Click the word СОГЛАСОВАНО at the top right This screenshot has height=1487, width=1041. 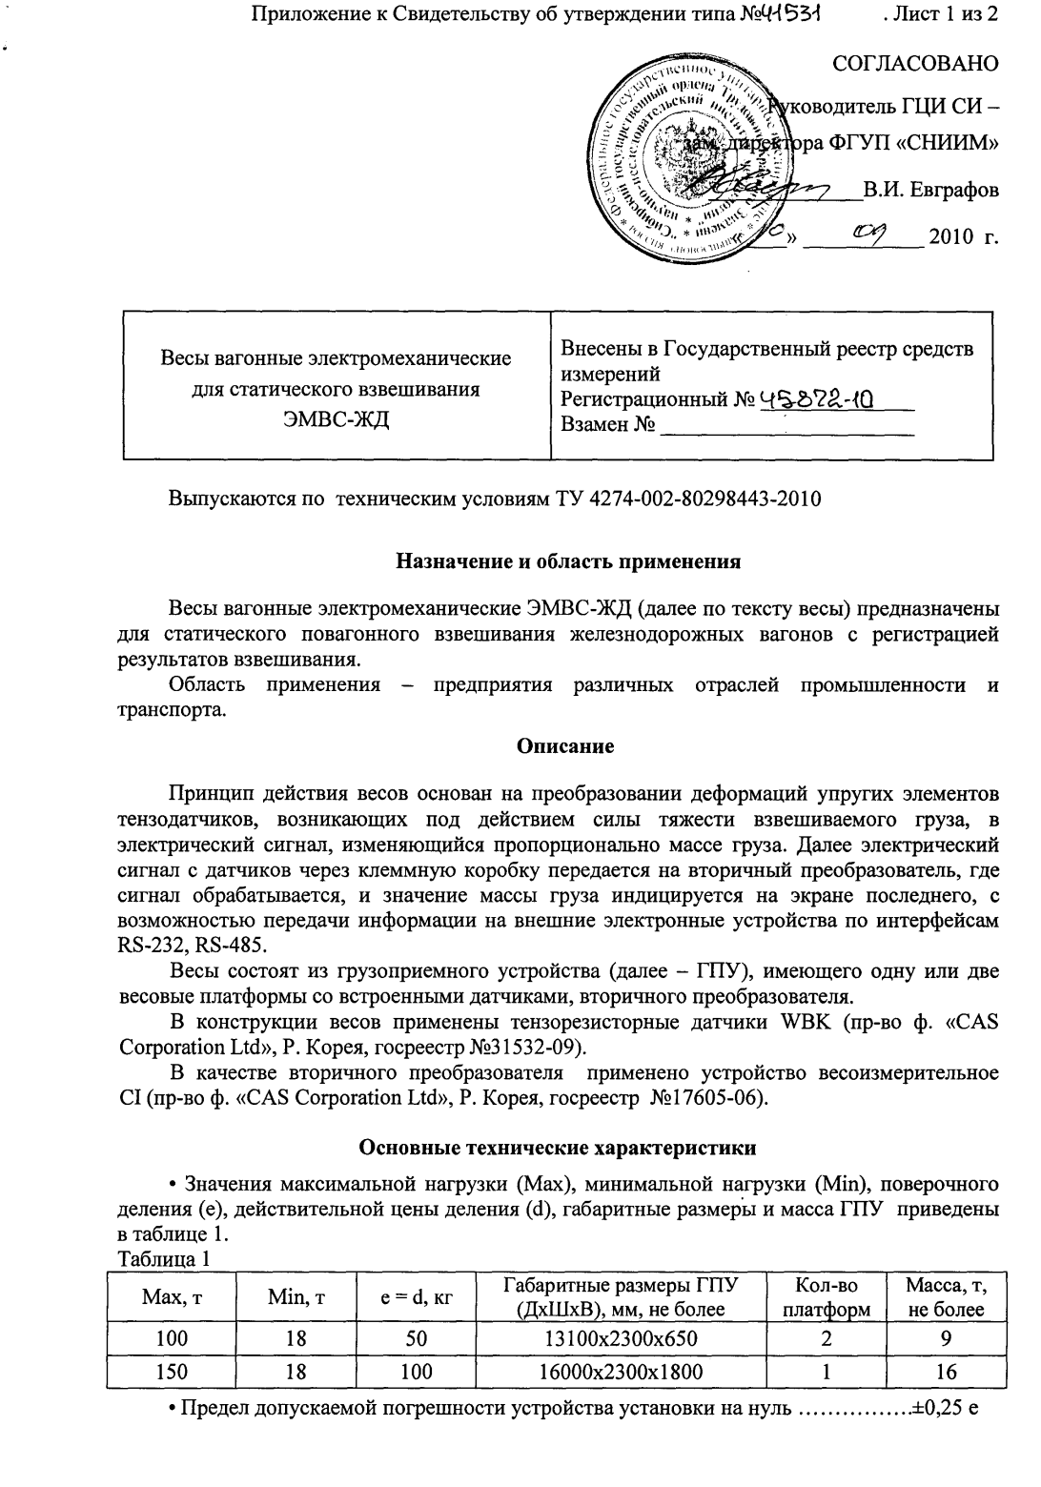(915, 64)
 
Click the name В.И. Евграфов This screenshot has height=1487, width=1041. (930, 189)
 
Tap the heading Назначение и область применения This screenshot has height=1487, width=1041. (568, 561)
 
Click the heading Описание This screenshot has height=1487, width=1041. (565, 746)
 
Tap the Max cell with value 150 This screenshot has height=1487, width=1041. (172, 1372)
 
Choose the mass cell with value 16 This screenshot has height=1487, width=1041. (946, 1372)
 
